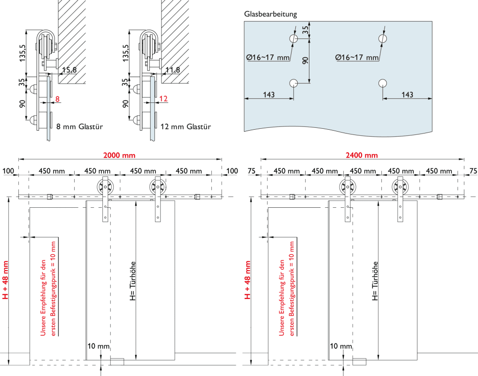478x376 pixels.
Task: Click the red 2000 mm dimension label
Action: point(119,155)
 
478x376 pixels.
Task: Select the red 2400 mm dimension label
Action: point(362,155)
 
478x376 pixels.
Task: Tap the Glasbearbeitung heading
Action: point(270,14)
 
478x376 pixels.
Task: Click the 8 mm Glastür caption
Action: point(79,126)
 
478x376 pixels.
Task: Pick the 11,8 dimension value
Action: point(173,70)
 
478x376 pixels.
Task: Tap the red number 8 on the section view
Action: point(57,99)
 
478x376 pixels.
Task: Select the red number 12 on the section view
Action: point(163,99)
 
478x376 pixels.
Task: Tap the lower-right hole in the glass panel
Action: point(382,84)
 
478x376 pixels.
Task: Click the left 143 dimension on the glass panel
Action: point(269,94)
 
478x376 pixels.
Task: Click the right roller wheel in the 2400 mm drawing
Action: point(400,188)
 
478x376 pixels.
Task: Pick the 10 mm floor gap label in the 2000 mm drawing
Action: point(98,346)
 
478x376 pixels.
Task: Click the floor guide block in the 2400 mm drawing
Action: point(359,361)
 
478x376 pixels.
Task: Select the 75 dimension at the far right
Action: point(472,171)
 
